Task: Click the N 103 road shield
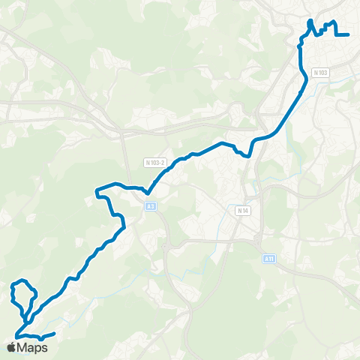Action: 320,73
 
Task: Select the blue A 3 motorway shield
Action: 151,205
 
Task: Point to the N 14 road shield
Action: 242,211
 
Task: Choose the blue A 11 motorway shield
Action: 269,259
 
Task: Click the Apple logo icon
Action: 11,347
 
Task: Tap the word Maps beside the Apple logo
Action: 33,347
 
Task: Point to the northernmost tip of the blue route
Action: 310,20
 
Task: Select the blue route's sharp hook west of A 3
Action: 97,196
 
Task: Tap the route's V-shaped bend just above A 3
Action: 148,193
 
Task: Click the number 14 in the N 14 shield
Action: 244,211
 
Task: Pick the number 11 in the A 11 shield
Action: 271,259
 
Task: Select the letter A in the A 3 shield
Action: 148,205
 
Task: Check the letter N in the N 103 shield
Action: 315,73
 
